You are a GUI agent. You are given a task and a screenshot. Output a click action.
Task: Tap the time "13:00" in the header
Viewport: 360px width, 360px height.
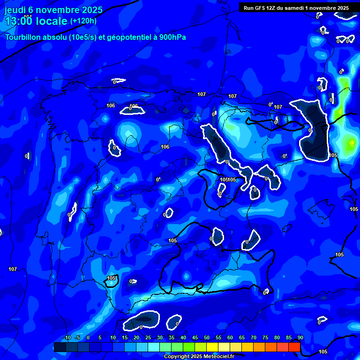(19, 21)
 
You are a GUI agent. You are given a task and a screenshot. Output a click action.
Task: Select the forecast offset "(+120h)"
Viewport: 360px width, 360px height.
(83, 21)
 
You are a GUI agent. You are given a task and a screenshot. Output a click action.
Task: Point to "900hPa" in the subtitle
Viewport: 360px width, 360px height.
(172, 37)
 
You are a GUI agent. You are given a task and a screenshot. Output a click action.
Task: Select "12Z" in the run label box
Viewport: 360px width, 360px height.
(274, 8)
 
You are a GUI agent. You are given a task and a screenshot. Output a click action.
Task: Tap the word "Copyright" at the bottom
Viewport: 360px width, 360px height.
(178, 357)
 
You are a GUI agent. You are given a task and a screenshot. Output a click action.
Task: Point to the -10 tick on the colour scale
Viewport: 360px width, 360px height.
(67, 338)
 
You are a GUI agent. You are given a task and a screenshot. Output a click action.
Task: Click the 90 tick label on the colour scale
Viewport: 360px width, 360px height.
(300, 338)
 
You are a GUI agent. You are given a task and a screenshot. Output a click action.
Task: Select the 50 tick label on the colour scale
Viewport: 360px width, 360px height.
(207, 338)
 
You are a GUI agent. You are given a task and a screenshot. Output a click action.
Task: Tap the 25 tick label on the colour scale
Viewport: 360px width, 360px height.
(148, 338)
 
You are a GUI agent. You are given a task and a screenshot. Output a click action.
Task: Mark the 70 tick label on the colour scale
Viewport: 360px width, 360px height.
(254, 338)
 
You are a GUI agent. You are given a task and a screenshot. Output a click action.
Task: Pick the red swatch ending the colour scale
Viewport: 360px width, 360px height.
(294, 347)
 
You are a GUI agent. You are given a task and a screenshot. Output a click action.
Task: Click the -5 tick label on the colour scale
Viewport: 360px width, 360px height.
(77, 338)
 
